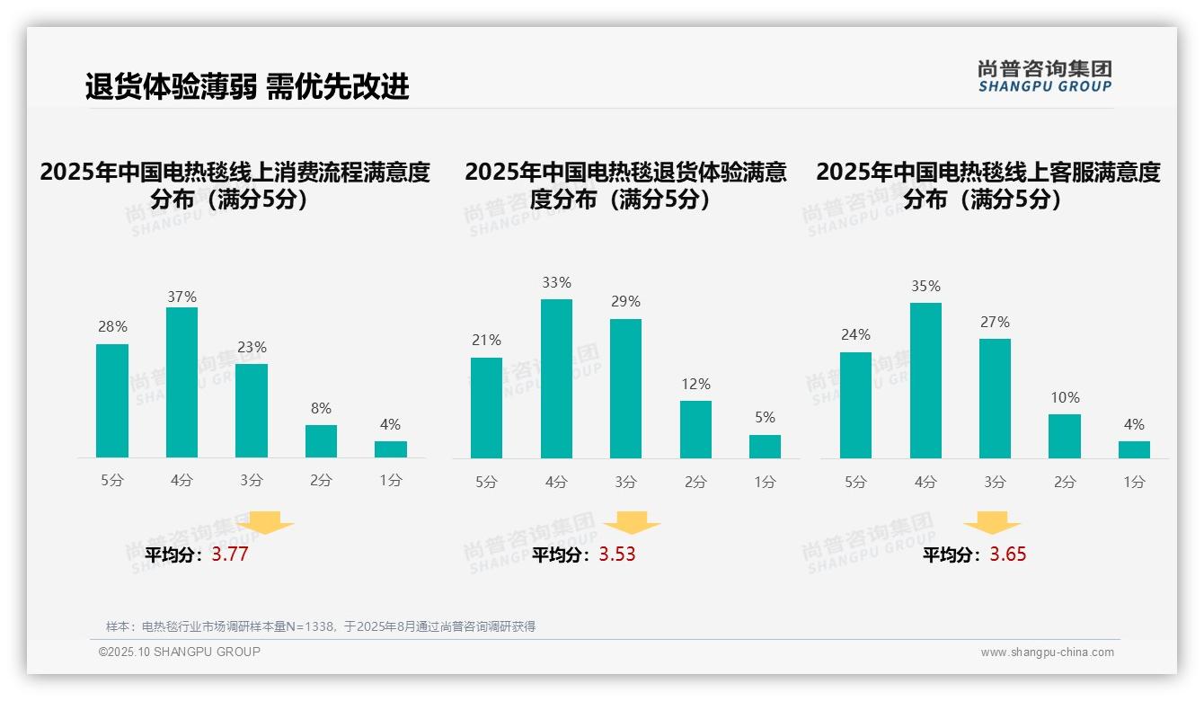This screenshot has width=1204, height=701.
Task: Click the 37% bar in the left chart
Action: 181,382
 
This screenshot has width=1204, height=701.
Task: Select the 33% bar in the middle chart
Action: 556,378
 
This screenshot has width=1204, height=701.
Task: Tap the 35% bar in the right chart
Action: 925,380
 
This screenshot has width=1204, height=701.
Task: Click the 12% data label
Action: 695,384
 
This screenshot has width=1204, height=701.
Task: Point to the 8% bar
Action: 321,441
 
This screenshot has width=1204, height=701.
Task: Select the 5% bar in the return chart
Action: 765,447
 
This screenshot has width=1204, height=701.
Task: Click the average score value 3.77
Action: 230,555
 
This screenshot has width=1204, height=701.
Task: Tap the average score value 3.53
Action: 617,555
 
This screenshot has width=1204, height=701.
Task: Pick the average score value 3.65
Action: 1008,555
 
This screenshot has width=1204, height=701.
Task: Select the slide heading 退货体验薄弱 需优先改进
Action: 247,87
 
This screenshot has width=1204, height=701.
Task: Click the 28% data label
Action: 112,327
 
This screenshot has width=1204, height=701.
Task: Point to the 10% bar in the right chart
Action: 1065,436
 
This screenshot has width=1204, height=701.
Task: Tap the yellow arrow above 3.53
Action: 632,524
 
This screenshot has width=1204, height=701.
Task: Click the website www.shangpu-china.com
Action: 1047,652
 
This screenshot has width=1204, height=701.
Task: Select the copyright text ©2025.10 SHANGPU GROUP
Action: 180,652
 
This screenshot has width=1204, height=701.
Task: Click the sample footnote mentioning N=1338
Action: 321,626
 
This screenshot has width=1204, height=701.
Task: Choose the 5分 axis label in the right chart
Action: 855,482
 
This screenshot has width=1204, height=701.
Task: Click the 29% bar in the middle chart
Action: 625,388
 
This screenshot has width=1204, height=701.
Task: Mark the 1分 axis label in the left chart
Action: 391,481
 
